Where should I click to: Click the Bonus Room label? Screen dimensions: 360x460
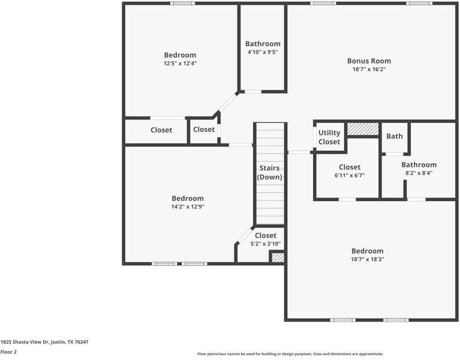coord(369,61)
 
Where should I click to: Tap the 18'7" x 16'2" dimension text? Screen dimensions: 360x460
coord(369,69)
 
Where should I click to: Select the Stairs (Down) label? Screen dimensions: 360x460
coord(269,172)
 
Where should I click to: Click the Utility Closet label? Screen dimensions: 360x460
coord(329,137)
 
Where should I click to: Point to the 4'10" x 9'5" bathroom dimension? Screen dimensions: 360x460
coord(263,52)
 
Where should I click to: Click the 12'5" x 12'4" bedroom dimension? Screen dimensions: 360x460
coord(180,63)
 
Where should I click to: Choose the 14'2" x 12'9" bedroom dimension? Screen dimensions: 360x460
coord(188,207)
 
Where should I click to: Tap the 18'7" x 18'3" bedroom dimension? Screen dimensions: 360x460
coord(367,259)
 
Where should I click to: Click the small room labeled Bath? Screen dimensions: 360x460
coord(395,136)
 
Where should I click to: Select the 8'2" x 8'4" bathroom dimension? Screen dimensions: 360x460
coord(419,173)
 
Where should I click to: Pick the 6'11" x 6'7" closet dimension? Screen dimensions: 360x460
coord(350,175)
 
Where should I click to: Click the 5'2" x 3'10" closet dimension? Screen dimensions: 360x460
coord(266,244)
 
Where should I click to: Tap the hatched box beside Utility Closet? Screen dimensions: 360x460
coord(363,128)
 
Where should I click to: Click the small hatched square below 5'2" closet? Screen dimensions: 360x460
coord(277,257)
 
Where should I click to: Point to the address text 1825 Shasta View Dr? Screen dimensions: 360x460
coord(44,342)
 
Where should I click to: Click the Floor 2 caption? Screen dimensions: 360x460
coord(8,352)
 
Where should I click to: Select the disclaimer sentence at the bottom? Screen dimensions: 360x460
coord(290,354)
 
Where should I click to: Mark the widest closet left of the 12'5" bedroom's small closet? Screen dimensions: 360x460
coord(161,130)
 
